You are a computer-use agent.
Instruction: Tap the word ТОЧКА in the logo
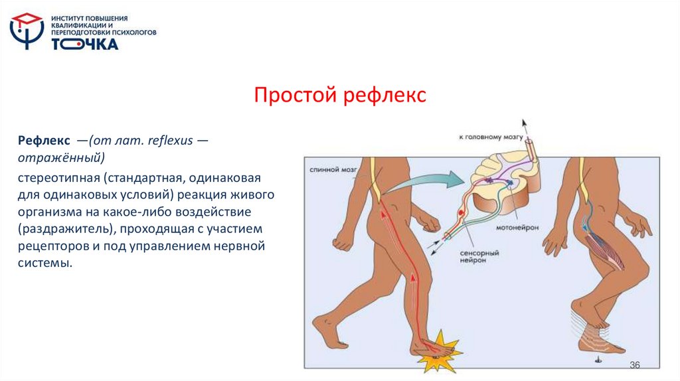point(85,44)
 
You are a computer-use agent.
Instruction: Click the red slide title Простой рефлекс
point(339,95)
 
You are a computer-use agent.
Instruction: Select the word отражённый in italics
point(58,158)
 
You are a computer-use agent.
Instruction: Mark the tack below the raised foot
point(598,359)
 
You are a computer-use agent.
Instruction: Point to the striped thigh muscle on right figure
point(606,246)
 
